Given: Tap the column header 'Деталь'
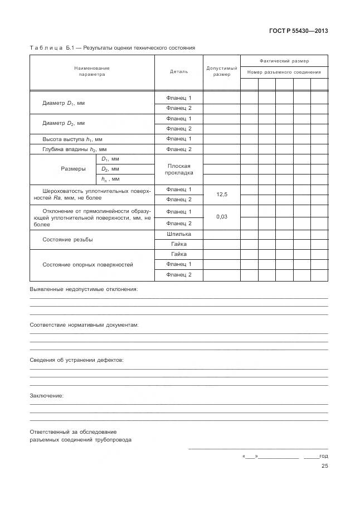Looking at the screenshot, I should coord(178,71).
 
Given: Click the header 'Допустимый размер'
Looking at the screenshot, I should coord(221,71).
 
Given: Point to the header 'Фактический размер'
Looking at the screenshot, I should coord(284,61).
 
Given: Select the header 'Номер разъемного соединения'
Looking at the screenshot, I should coord(284,72).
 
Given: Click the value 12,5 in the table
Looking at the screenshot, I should coord(221,195).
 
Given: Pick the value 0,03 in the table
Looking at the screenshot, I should coord(221,217).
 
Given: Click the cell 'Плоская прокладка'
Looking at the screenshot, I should coord(178,169).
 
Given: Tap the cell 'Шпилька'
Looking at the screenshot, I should coord(178,234).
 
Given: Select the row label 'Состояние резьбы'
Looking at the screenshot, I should coord(67,239).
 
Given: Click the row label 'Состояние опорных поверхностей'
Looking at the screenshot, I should coord(87,264).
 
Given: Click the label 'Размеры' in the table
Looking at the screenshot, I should coord(73,169).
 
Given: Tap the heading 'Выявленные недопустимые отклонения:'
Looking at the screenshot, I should coord(83,289).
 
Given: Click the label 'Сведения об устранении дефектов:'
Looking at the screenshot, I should coord(76,360).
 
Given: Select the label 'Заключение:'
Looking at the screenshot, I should coord(46,396).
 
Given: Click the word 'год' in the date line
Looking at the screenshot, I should coord(323,456).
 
